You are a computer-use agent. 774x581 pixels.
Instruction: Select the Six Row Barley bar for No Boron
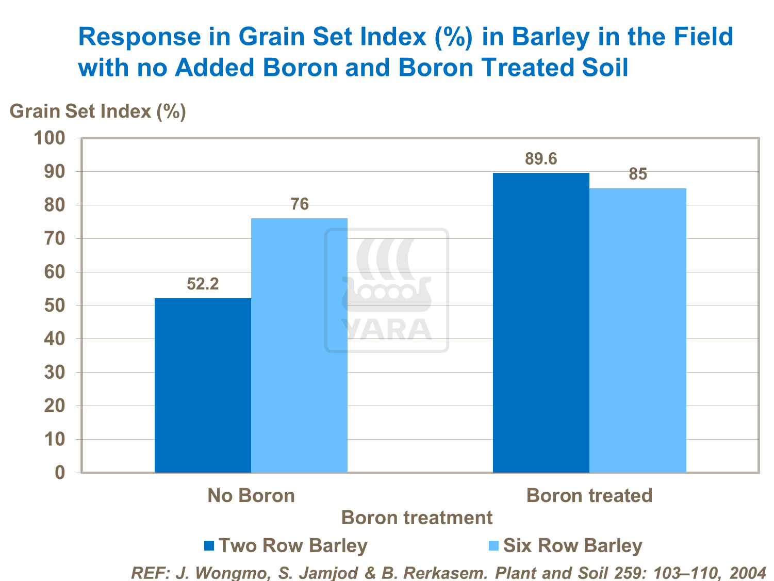pos(299,345)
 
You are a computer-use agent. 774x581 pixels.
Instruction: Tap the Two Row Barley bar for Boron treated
pos(541,322)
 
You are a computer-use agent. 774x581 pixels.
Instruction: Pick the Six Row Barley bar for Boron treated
pos(638,330)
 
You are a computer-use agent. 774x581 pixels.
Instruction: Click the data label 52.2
pos(203,284)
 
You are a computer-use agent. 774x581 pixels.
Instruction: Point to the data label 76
pos(300,204)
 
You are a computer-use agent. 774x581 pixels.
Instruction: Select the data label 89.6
pos(541,159)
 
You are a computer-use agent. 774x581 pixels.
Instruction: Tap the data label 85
pos(638,174)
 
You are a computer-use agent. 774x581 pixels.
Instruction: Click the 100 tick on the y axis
pos(50,138)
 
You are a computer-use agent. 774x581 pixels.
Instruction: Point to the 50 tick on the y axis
pos(55,305)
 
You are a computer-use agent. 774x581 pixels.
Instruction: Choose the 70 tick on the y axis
pos(55,238)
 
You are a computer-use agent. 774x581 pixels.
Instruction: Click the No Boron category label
pos(251,496)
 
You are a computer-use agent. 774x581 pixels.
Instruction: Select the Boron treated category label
pos(589,496)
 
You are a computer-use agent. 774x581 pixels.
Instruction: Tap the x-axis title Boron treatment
pos(417,518)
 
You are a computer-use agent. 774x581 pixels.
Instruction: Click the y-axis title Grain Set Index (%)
pos(98,111)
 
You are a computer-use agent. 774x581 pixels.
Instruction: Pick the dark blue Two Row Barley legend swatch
pos(209,545)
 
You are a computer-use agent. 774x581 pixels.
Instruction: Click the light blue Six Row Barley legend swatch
pos(494,545)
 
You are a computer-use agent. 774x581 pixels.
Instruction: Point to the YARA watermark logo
pos(386,290)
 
